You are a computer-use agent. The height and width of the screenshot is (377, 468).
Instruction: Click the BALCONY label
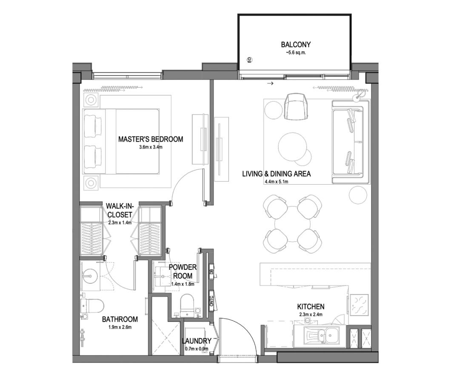[x=296, y=45]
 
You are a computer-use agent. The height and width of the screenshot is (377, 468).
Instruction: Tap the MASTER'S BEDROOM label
[x=151, y=139]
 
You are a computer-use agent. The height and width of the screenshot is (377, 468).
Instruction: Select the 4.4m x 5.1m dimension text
[x=277, y=182]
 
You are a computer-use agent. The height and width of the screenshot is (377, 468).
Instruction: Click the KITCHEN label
[x=311, y=306]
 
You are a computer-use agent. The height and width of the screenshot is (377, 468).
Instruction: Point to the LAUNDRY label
[x=197, y=341]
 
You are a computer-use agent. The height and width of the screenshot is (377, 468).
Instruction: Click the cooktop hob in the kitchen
[x=360, y=305]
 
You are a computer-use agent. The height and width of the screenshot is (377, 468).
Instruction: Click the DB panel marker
[x=211, y=272]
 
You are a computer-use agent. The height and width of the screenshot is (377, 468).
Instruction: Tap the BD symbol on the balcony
[x=250, y=60]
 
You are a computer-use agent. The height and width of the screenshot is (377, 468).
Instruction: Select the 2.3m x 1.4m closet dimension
[x=120, y=223]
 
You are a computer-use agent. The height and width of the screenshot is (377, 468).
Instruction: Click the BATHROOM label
[x=120, y=320]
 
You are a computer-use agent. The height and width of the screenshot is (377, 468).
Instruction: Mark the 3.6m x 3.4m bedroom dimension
[x=151, y=147]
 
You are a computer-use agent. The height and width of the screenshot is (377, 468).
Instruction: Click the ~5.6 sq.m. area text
[x=296, y=52]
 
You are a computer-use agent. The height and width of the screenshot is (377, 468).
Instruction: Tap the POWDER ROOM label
[x=183, y=271]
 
